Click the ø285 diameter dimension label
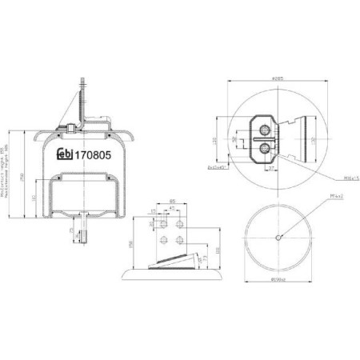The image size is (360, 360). (278, 78)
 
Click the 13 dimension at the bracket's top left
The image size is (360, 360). (151, 212)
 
